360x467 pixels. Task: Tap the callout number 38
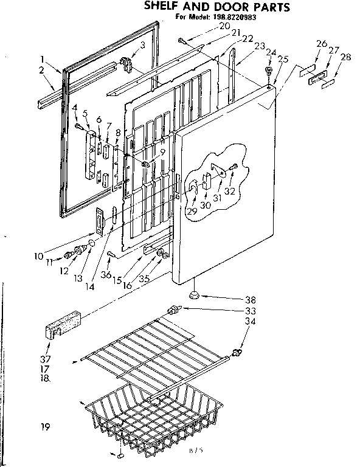tap(250, 299)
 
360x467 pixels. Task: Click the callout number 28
tap(345, 58)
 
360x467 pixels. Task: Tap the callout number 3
tap(142, 45)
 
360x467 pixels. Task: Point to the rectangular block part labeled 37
tap(63, 325)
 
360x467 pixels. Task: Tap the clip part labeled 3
tap(128, 62)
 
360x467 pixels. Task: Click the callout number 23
tap(260, 46)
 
